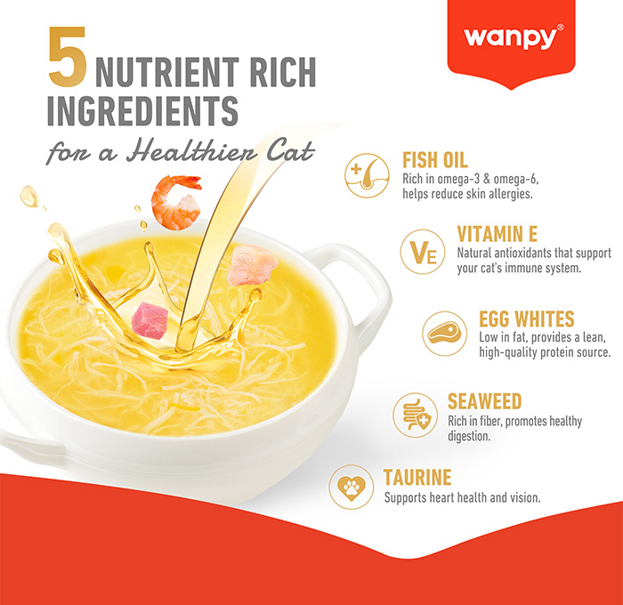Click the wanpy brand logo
[513, 37]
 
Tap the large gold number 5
[67, 56]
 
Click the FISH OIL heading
[435, 160]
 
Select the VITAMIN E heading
[497, 234]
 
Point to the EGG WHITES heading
[527, 319]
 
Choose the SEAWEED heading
[484, 401]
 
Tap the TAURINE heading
[417, 477]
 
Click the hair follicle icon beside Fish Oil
[367, 175]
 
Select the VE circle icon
[423, 252]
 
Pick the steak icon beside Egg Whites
[445, 334]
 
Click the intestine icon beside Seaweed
[416, 415]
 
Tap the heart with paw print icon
[352, 487]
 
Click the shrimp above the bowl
[176, 203]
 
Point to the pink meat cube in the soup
[150, 320]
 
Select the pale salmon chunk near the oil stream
[252, 265]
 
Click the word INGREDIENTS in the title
[142, 110]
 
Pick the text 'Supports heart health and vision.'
[462, 497]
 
